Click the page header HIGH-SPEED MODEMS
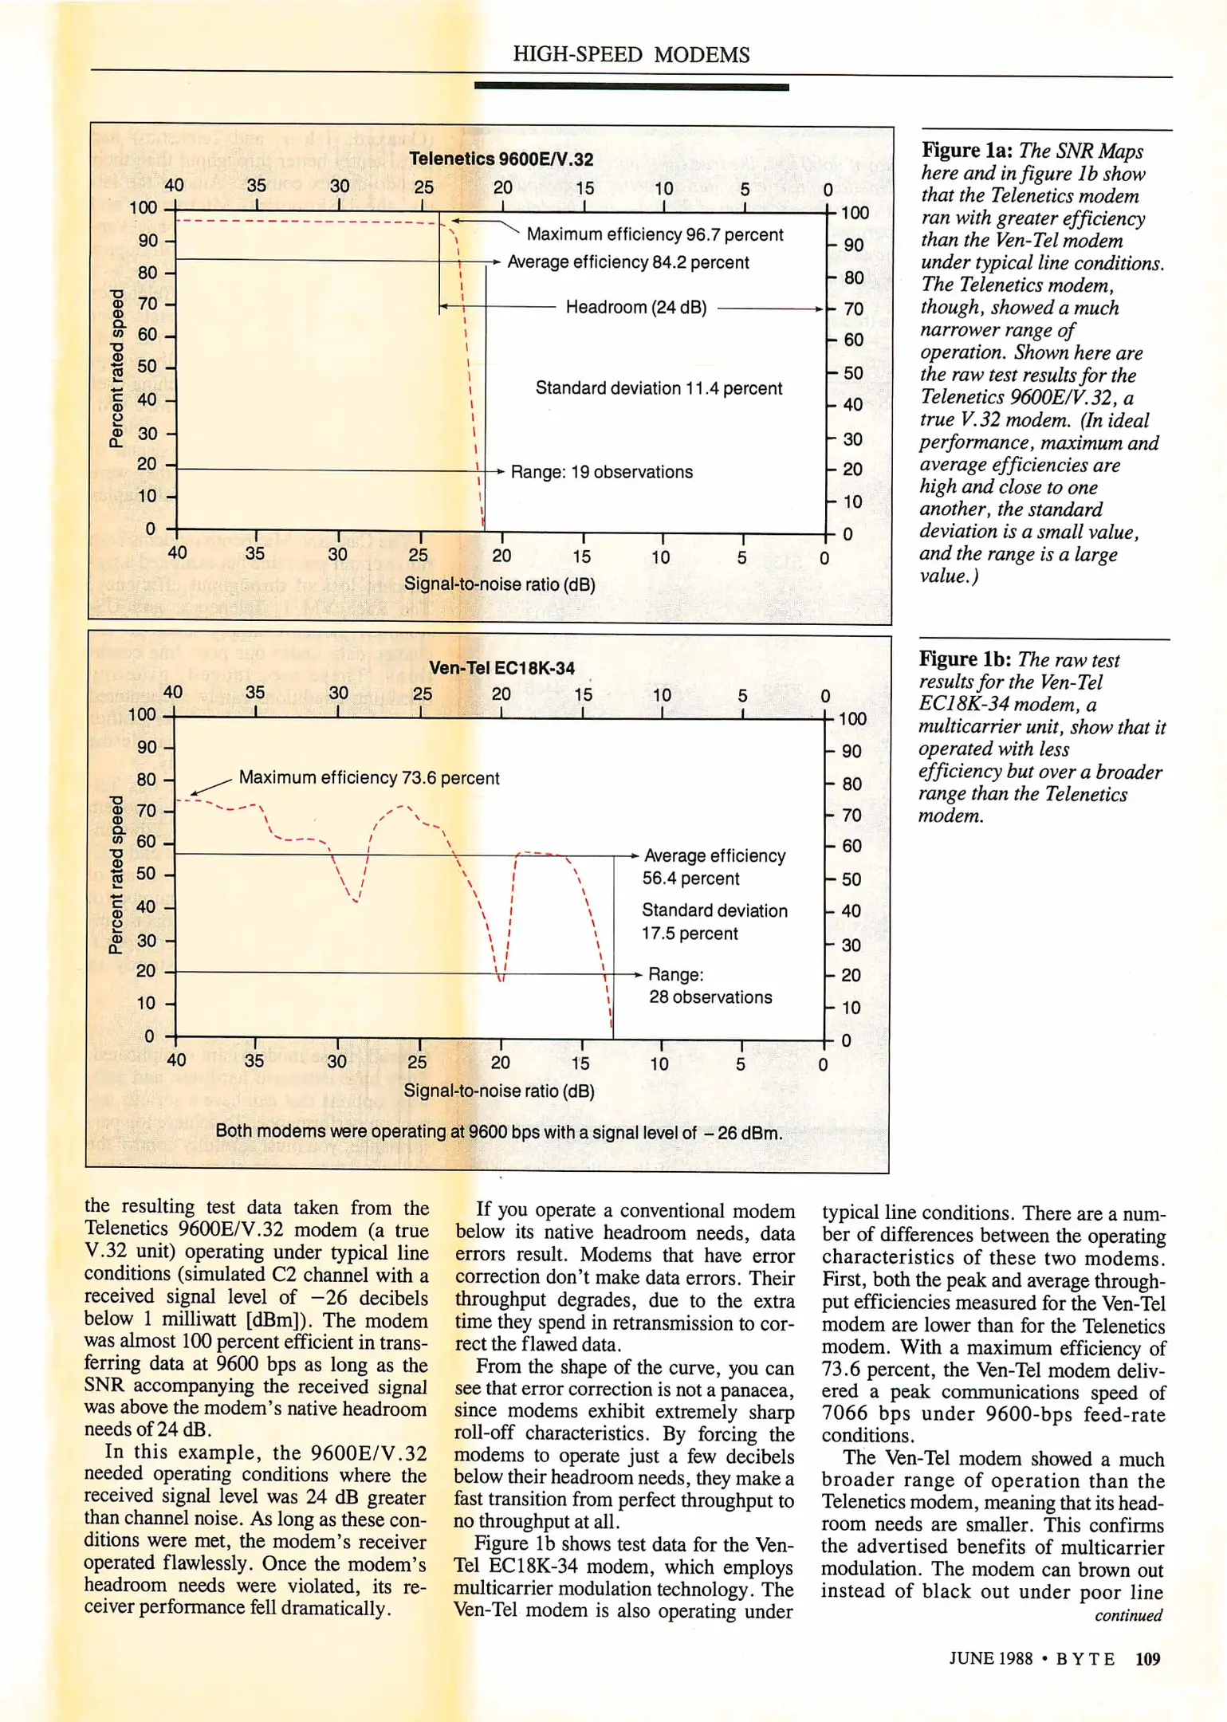pyautogui.click(x=631, y=54)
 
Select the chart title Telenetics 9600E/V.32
pyautogui.click(x=501, y=159)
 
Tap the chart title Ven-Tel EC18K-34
pyautogui.click(x=501, y=668)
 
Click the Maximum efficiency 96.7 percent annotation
pyautogui.click(x=655, y=234)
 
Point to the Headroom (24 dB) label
pyautogui.click(x=635, y=308)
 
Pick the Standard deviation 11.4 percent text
pyautogui.click(x=659, y=388)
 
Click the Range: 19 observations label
pyautogui.click(x=601, y=472)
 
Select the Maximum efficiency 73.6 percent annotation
pyautogui.click(x=369, y=777)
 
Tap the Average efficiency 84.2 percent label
pyautogui.click(x=627, y=262)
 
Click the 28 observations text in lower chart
pyautogui.click(x=710, y=997)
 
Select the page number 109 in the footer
pyautogui.click(x=1147, y=1659)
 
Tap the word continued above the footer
pyautogui.click(x=1128, y=1615)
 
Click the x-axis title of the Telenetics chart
pyautogui.click(x=499, y=584)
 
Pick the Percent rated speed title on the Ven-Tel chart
pyautogui.click(x=116, y=875)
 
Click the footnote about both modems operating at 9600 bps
pyautogui.click(x=498, y=1132)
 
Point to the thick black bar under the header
pyautogui.click(x=631, y=86)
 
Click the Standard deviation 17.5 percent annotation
pyautogui.click(x=714, y=922)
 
